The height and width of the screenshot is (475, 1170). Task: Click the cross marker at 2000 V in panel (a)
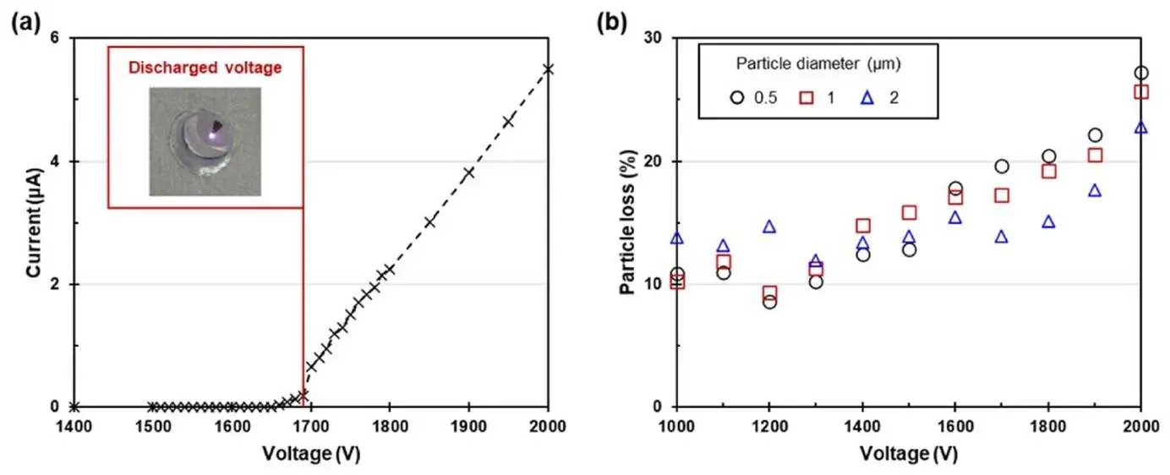pos(549,69)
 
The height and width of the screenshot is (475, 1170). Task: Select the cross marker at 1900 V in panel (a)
pos(469,172)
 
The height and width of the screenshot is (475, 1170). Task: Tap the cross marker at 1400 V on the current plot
pos(74,407)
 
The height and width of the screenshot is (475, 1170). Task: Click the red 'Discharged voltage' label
pos(205,68)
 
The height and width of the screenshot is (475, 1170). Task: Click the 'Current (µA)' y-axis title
pos(35,222)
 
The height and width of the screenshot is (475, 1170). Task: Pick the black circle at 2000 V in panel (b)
pos(1141,74)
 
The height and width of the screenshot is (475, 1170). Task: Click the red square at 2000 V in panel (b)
pos(1141,91)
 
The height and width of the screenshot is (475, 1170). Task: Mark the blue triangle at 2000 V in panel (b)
pos(1141,128)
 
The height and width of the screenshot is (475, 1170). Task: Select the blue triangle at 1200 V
pos(769,227)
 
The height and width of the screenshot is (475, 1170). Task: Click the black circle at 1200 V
pos(769,302)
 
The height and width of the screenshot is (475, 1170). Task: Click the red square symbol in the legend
pos(806,98)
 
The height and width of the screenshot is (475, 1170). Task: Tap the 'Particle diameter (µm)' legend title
pos(816,63)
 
